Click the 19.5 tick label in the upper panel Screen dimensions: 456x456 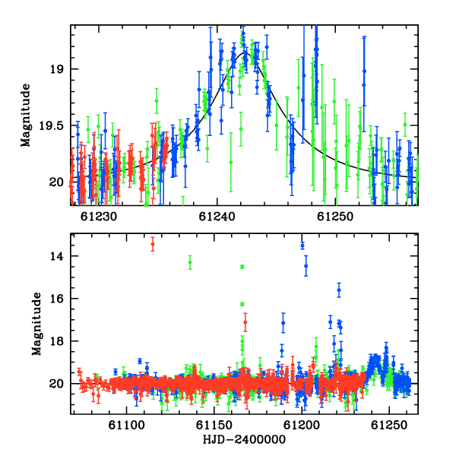[51, 126]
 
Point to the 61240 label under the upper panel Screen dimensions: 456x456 [217, 217]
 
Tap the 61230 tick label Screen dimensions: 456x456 [99, 217]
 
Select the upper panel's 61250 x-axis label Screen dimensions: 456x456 [335, 217]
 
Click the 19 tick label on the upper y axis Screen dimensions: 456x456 [56, 69]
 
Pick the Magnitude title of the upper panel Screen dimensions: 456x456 [26, 116]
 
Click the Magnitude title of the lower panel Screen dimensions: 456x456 [36, 324]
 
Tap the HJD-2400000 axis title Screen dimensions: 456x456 [244, 439]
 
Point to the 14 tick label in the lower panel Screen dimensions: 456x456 [56, 256]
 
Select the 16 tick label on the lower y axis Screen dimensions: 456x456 [56, 299]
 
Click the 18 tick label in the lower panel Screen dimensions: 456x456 [56, 341]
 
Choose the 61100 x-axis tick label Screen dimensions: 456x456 [126, 426]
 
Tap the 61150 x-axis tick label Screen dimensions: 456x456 [214, 426]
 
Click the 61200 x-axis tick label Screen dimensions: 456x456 [302, 426]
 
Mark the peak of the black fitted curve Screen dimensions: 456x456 [244, 53]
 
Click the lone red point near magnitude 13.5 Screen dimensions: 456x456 [153, 244]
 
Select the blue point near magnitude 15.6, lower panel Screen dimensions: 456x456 [339, 290]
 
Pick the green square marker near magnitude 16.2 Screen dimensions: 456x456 [242, 304]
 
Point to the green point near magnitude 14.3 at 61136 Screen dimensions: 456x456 [190, 262]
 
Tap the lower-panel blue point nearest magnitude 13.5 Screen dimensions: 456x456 [302, 245]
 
